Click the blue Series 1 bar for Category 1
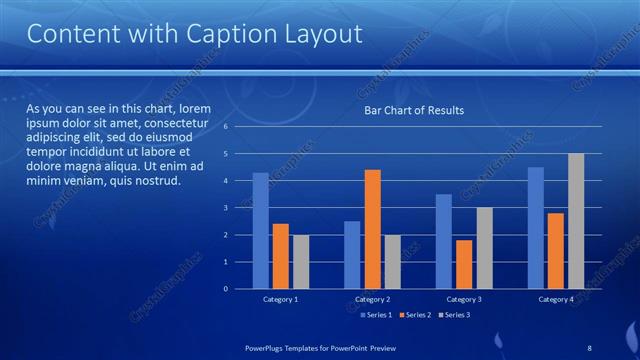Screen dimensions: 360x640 tap(260, 231)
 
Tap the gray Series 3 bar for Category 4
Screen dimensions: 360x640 tap(575, 221)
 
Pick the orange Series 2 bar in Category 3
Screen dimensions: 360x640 tap(464, 264)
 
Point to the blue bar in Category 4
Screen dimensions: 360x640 tap(536, 228)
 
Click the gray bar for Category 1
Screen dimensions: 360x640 tap(300, 262)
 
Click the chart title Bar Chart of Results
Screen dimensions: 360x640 tap(413, 110)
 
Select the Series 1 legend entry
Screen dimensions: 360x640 tap(375, 315)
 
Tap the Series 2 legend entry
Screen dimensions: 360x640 tap(414, 315)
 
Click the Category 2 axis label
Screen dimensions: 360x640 tap(372, 300)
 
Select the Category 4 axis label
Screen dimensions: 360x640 tap(556, 300)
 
